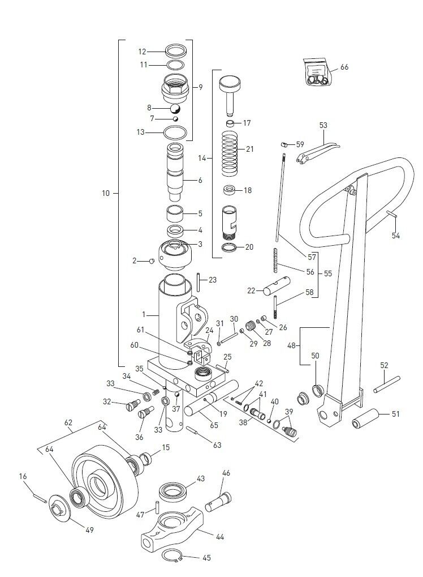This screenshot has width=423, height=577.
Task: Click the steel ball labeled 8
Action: click(x=175, y=108)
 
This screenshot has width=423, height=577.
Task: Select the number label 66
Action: click(x=344, y=67)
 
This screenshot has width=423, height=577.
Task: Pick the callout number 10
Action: click(x=106, y=193)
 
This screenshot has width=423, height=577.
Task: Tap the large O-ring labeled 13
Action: click(x=175, y=133)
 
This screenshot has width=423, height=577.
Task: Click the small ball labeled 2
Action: click(x=152, y=261)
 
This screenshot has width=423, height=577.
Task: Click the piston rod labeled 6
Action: click(x=177, y=170)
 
